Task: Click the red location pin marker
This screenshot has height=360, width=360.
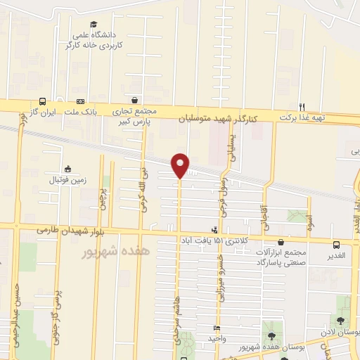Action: (x=181, y=165)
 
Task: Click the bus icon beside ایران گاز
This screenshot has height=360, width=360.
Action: (x=43, y=102)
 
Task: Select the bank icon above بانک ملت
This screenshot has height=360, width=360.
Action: (x=80, y=102)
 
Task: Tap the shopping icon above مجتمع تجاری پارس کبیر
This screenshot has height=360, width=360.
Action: (x=134, y=101)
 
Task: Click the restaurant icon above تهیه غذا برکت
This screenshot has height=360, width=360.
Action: (x=302, y=107)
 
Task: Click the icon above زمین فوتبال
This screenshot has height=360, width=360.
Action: (x=67, y=169)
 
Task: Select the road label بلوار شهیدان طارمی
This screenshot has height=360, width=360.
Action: (x=69, y=231)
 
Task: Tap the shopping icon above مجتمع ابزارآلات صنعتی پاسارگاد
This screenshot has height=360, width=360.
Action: (x=281, y=241)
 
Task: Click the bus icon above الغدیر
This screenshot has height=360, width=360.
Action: (x=337, y=245)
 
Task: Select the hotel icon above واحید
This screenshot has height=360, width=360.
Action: (x=216, y=328)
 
